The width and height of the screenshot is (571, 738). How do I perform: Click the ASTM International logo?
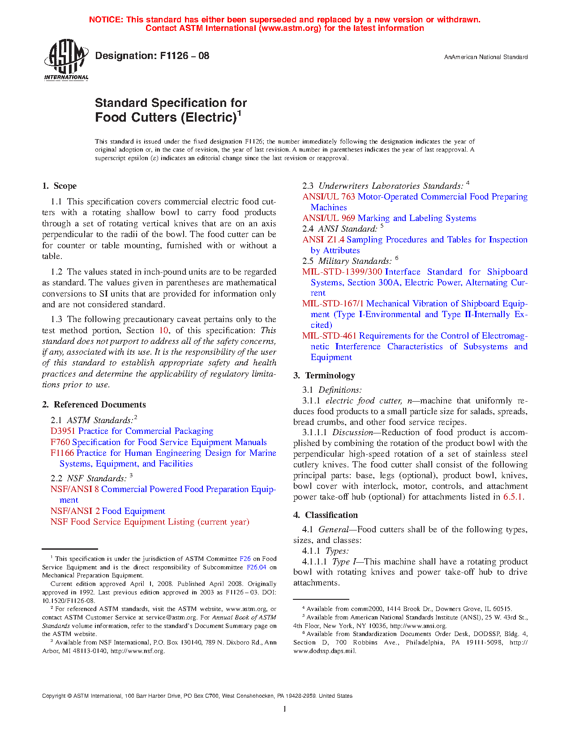point(66,59)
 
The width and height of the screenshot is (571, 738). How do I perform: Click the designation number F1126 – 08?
point(152,56)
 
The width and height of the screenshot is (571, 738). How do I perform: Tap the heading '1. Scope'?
point(60,186)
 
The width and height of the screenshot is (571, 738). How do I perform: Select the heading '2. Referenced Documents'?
point(94,405)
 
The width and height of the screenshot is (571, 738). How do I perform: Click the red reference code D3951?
point(63,431)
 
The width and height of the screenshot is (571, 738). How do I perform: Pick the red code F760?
point(60,442)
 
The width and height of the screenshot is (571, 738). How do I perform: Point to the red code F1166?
point(62,453)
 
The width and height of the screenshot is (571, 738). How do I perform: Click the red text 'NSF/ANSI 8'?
point(74,489)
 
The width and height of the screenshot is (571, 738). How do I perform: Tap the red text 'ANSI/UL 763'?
point(328,197)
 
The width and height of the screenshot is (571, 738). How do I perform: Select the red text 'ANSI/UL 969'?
point(328,218)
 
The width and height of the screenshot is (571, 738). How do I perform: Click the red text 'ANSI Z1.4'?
point(323,240)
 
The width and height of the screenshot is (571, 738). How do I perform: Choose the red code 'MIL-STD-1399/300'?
point(342,272)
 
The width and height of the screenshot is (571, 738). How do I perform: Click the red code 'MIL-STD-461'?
point(329,336)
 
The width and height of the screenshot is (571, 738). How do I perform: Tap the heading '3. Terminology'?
point(324,376)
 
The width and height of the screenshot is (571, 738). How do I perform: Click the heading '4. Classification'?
point(326,515)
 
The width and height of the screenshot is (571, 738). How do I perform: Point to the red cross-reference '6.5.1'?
point(513,497)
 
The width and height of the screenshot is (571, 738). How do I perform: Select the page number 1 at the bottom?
point(285,709)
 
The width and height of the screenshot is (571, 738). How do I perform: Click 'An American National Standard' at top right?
point(485,57)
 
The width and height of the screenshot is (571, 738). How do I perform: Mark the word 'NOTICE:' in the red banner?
point(106,20)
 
